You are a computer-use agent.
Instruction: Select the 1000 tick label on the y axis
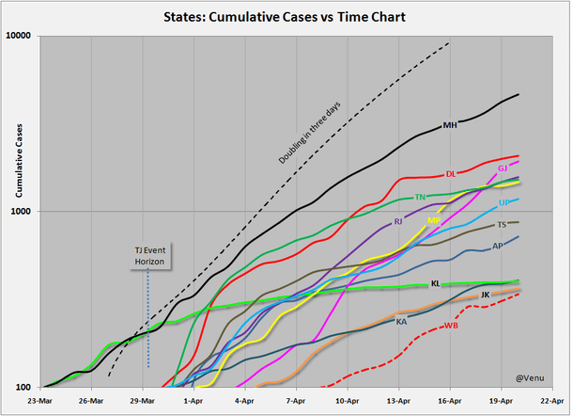coord(22,211)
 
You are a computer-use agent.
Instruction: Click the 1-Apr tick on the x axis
coord(193,399)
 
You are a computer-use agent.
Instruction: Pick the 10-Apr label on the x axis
coord(345,399)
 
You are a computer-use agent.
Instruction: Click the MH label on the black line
coord(450,125)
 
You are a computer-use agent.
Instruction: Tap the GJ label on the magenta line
coord(503,168)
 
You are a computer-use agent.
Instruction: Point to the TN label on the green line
coord(420,198)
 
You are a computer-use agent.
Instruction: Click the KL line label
coord(435,283)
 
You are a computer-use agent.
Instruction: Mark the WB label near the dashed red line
coord(451,326)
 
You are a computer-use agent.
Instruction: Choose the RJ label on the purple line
coord(398,222)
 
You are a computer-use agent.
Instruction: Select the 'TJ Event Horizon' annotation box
coord(149,255)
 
